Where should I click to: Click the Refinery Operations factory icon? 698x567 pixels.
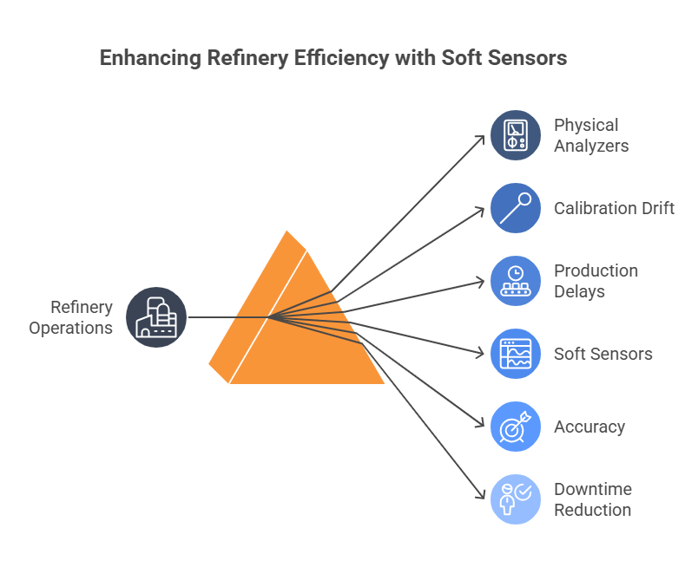coord(156,316)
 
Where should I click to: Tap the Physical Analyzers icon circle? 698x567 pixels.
coord(516,135)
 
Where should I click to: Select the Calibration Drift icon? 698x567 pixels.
coord(516,208)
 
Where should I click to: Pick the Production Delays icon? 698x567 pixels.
coord(516,281)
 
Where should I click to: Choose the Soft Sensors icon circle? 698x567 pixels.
coord(516,354)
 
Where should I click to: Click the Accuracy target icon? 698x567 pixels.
coord(516,427)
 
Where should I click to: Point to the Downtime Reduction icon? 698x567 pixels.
coord(516,499)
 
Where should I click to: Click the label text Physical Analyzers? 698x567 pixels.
coord(591,135)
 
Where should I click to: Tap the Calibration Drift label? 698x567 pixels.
coord(614,208)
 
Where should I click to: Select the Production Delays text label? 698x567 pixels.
coord(596,281)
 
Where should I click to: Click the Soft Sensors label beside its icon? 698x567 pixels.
coord(603,354)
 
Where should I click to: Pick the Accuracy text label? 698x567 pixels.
coord(589,427)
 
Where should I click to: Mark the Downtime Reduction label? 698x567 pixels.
coord(592,499)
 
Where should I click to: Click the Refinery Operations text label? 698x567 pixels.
coord(71,317)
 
